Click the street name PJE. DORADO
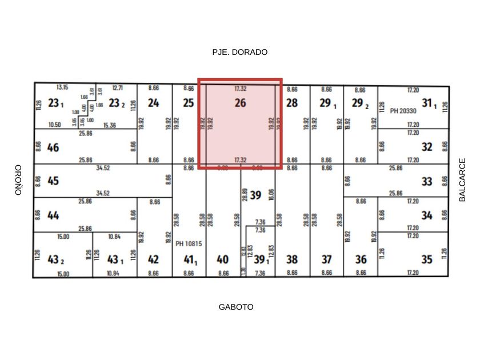[239, 52]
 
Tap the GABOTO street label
[236, 307]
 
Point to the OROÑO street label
[18, 180]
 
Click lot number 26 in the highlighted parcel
[240, 103]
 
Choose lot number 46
[53, 147]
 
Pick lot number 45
[53, 181]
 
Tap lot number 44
[53, 215]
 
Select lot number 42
[153, 259]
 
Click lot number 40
[222, 259]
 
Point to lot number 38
[291, 259]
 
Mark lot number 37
[326, 259]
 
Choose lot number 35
[427, 259]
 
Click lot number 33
[427, 181]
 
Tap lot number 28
[291, 103]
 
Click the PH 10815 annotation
[189, 243]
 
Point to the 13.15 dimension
[62, 87]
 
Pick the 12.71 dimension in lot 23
[118, 88]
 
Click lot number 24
[153, 103]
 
